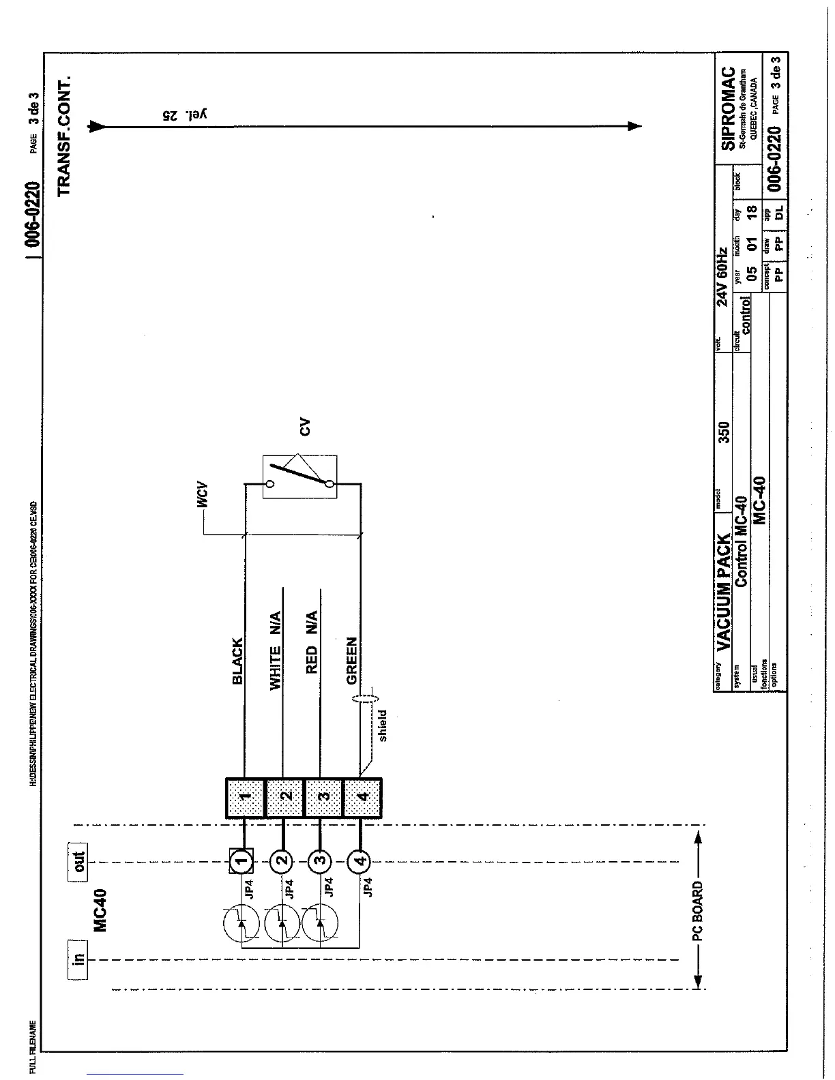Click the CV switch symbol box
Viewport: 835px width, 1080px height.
click(x=299, y=477)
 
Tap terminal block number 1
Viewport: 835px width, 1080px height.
click(x=246, y=797)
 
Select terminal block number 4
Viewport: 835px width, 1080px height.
click(x=363, y=797)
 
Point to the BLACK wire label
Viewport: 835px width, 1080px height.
click(x=237, y=661)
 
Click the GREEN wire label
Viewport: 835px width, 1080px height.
click(x=352, y=660)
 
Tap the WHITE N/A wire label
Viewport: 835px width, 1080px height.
click(x=275, y=650)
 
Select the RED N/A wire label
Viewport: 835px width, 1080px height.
click(x=312, y=642)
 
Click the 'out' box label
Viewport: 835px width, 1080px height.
click(x=79, y=862)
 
